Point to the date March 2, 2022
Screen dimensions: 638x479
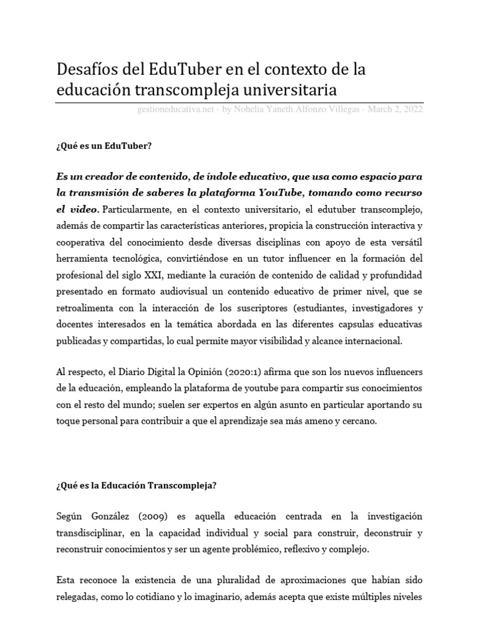pos(395,110)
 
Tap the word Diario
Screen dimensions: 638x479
pos(120,372)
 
